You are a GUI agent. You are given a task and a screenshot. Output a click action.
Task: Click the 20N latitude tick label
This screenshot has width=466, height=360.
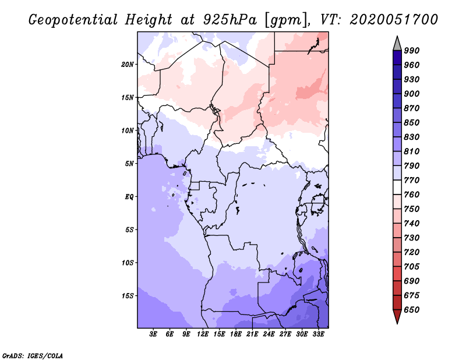[x=128, y=64]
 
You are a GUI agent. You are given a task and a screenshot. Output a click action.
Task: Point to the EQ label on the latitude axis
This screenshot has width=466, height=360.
[x=129, y=196]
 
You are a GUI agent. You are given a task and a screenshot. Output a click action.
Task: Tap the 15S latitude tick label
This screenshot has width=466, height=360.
[x=128, y=296]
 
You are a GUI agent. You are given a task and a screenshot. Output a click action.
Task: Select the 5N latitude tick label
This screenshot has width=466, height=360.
[x=129, y=164]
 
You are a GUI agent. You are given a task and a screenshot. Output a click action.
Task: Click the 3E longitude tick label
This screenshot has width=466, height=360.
[x=154, y=334]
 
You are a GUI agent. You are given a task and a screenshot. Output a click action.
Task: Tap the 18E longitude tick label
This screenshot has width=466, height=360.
[x=236, y=334]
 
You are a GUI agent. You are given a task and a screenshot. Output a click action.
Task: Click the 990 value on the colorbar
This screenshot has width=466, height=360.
[x=412, y=51]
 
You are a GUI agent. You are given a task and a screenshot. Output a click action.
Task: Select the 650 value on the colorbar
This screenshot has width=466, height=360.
[x=412, y=310]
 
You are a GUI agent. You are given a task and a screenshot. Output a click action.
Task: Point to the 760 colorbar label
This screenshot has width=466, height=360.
[x=412, y=195]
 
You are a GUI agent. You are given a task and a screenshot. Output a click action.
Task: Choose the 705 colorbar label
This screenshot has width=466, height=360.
[x=412, y=267]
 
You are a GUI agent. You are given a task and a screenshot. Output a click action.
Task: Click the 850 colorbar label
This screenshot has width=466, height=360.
[x=412, y=123]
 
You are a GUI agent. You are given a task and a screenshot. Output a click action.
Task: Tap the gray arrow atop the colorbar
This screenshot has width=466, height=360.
[x=397, y=43]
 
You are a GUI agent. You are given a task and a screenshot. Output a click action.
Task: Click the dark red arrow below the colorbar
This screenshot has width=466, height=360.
[x=397, y=317]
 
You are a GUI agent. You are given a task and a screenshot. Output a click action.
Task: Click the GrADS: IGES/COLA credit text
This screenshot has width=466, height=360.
[x=32, y=355]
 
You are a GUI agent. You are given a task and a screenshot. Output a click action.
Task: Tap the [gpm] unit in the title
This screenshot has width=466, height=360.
[x=283, y=20]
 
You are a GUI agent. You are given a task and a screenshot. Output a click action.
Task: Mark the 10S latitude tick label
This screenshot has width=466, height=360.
[x=128, y=263]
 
